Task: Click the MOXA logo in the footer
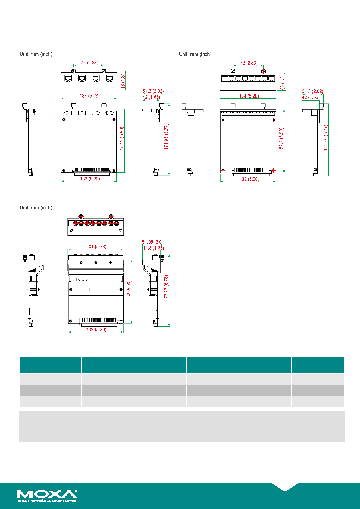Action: [46, 494]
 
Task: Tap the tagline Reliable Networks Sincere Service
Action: [46, 501]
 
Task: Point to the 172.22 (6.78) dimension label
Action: [166, 288]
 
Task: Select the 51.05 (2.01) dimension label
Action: [154, 242]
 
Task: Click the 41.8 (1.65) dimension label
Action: [153, 248]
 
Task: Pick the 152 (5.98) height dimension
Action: [129, 290]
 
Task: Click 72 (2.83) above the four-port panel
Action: [90, 63]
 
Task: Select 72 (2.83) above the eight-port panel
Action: [249, 63]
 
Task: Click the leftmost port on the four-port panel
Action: [68, 78]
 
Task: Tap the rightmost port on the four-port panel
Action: [109, 78]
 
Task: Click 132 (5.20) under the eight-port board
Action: [249, 179]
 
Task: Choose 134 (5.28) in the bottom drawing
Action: [96, 247]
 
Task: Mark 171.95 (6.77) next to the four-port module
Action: [166, 136]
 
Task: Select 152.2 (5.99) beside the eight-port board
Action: [281, 139]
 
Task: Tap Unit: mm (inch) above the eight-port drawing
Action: [195, 54]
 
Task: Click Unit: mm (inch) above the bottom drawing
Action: [36, 208]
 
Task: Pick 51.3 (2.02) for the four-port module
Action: [153, 91]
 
